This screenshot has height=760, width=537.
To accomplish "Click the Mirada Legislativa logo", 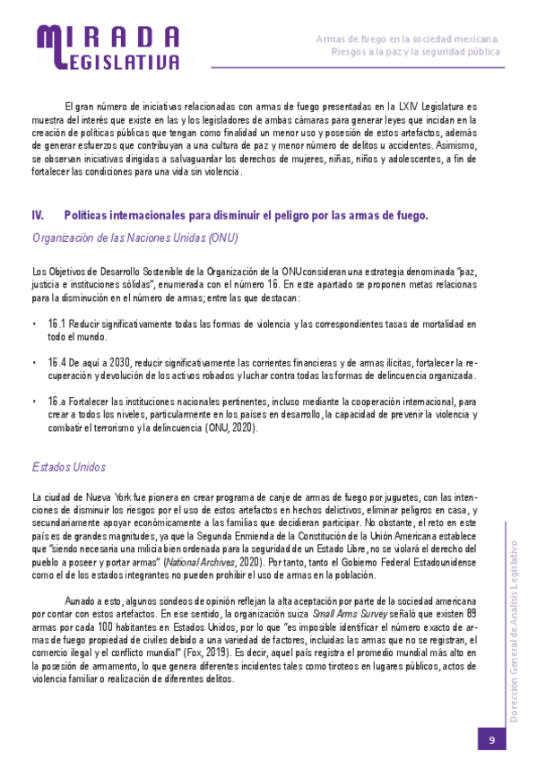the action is (108, 47).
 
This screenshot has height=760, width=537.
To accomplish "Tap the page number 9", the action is (492, 738).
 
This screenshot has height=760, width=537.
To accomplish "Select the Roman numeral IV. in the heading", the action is (39, 215).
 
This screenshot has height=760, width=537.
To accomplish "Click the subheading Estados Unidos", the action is (68, 467).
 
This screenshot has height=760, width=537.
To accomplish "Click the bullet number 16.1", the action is (57, 324).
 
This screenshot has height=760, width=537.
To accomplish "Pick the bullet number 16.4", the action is (58, 362).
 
